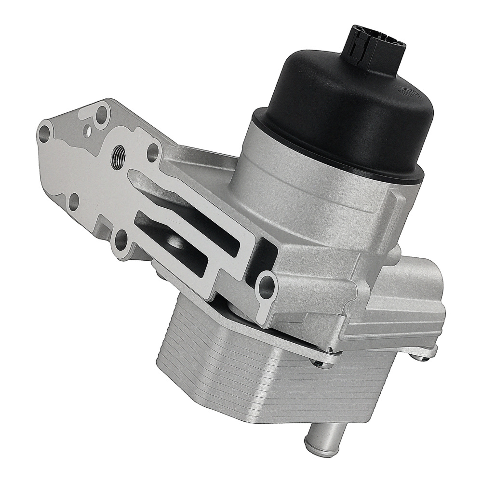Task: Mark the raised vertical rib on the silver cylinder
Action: pyautogui.click(x=393, y=202)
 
